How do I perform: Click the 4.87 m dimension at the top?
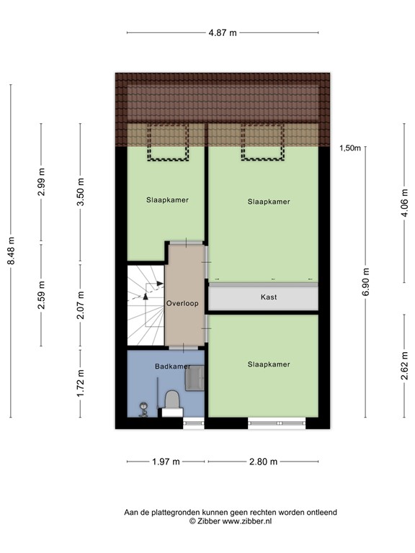pyautogui.click(x=222, y=32)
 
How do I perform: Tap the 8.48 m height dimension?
pyautogui.click(x=11, y=251)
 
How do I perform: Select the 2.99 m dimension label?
pyautogui.click(x=42, y=184)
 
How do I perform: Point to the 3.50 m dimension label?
pyautogui.click(x=81, y=193)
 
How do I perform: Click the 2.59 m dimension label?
pyautogui.click(x=42, y=295)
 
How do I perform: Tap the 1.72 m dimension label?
pyautogui.click(x=81, y=383)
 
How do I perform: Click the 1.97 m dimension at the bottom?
pyautogui.click(x=166, y=462)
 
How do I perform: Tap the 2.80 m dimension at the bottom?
pyautogui.click(x=262, y=462)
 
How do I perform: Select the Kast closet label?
pyautogui.click(x=269, y=297)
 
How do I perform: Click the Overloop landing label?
pyautogui.click(x=182, y=303)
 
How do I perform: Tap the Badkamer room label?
pyautogui.click(x=172, y=366)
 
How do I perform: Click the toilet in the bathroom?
pyautogui.click(x=172, y=400)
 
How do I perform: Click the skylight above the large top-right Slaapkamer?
pyautogui.click(x=263, y=142)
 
